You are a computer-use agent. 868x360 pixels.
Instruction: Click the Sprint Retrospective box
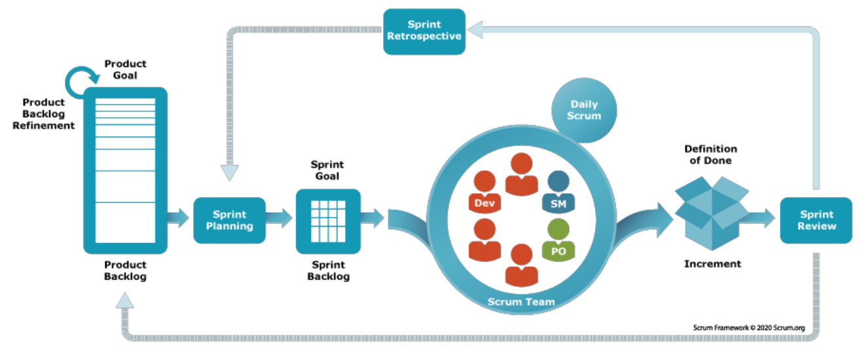pos(424,31)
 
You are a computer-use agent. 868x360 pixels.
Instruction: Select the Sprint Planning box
pos(229,220)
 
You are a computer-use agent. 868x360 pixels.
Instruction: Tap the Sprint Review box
pos(816,220)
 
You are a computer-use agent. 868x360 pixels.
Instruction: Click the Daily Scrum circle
pos(584,110)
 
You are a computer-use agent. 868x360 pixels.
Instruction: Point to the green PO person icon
pos(558,240)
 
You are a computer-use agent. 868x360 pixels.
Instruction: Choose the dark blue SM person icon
pos(558,192)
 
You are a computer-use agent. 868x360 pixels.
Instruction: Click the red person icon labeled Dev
pos(484,192)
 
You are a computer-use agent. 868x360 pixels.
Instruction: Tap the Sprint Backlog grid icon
pos(328,221)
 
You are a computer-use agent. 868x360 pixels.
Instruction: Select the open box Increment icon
pos(712,213)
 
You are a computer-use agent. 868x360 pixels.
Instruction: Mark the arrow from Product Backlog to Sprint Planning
pos(178,218)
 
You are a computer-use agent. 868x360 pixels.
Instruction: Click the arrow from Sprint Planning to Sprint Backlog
pos(279,218)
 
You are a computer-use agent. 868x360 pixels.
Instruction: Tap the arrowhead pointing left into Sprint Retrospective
pos(475,29)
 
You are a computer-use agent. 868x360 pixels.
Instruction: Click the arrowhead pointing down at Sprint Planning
pos(229,173)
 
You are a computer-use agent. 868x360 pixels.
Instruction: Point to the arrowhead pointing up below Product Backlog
pos(125,300)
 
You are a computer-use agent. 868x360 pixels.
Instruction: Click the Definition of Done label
pos(711,154)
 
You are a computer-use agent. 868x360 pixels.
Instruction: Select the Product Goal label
pos(125,69)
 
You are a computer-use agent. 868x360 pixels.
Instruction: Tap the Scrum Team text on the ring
pos(521,302)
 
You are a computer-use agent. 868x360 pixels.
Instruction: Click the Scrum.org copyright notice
pos(749,327)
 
